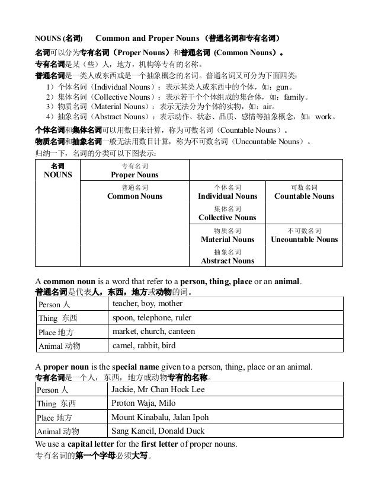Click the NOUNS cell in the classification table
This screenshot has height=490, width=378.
(58, 171)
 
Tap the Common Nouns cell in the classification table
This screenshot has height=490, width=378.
(134, 192)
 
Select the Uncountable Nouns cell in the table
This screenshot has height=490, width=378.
(304, 236)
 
